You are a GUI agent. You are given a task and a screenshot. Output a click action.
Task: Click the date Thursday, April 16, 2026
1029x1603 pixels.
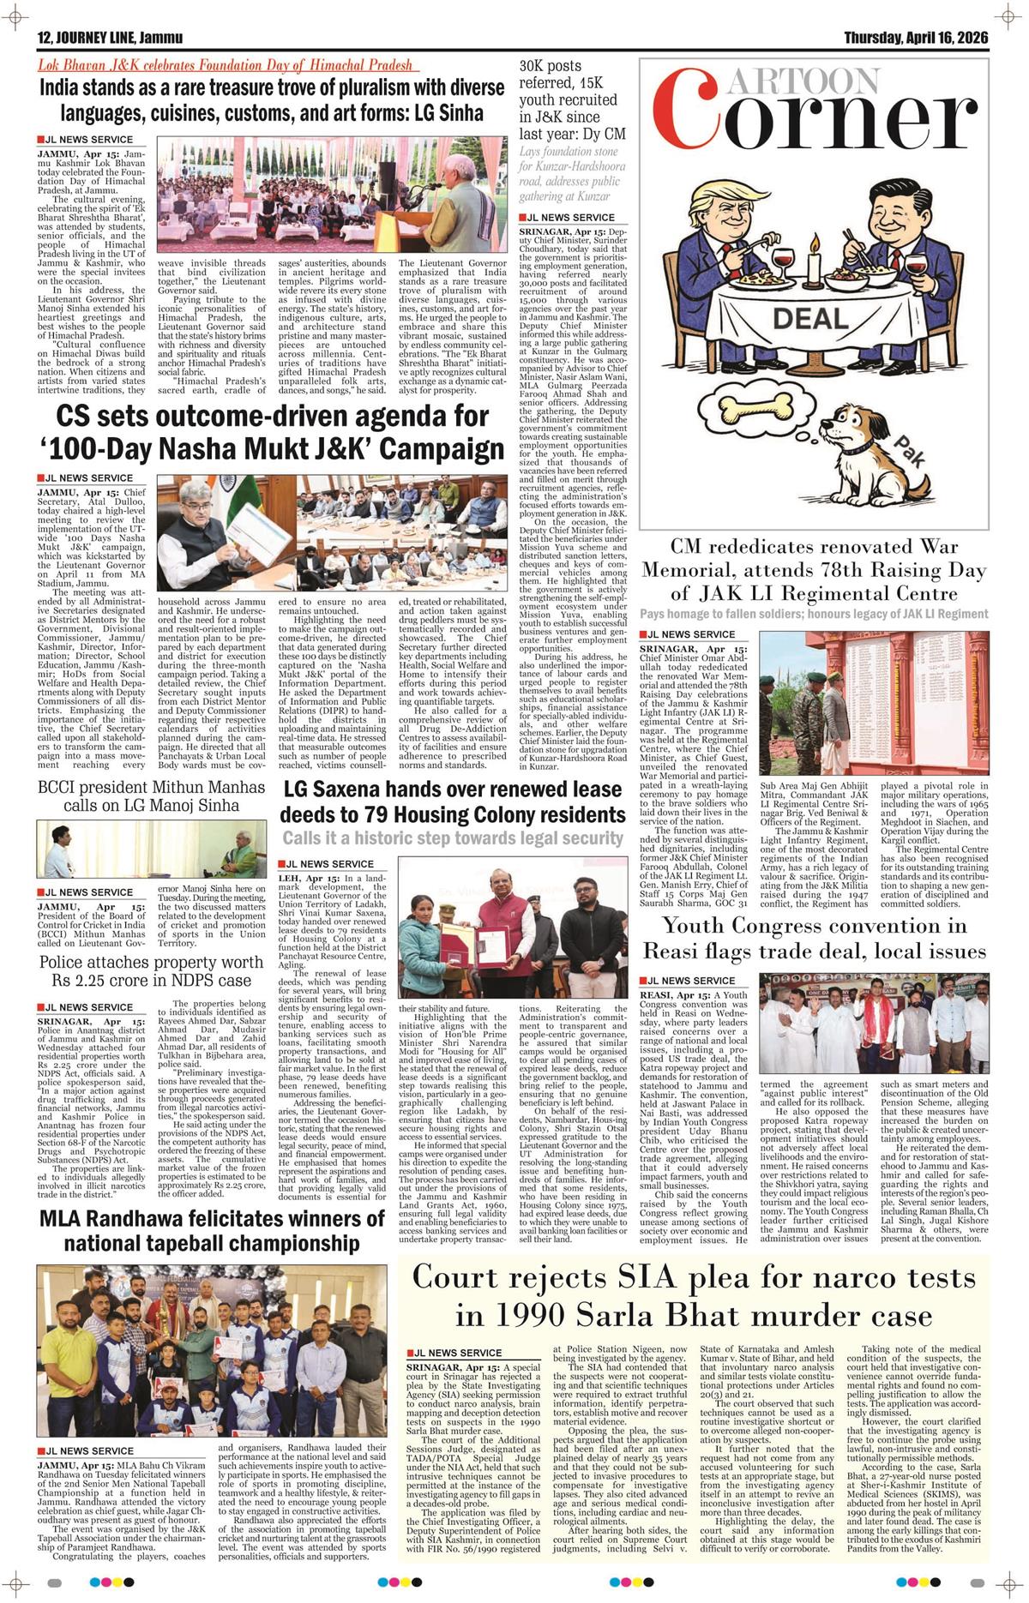(916, 38)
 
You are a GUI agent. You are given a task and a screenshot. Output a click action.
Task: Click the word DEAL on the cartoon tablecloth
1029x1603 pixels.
(809, 319)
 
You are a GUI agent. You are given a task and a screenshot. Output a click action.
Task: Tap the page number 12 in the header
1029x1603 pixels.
(45, 38)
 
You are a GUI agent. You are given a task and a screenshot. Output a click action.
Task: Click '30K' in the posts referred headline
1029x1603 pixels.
(538, 66)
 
